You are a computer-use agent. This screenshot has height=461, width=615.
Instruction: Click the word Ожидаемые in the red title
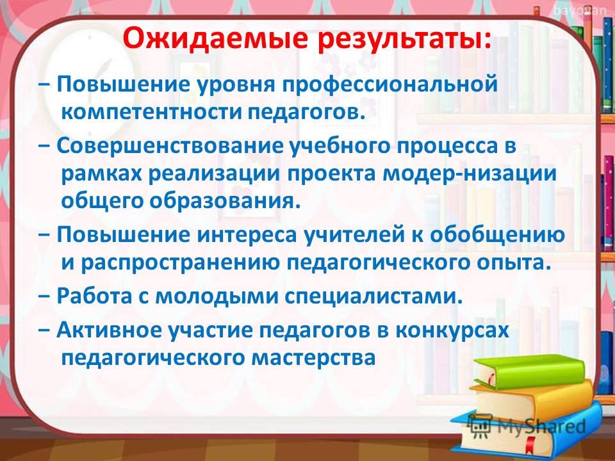213,38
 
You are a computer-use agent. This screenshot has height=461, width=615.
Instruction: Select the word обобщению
498,235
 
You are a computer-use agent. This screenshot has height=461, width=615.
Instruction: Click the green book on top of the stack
530,371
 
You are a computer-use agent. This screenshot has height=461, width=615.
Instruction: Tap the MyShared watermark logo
527,426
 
